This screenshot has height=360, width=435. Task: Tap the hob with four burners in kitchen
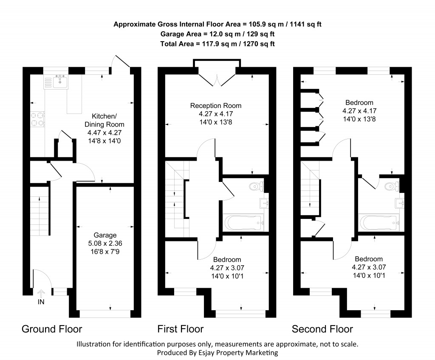click(x=38, y=119)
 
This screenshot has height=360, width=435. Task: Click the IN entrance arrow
click(x=41, y=294)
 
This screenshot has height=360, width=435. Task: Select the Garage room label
click(x=105, y=235)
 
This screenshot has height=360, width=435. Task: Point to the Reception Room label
click(x=215, y=105)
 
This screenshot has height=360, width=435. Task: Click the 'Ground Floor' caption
click(x=51, y=329)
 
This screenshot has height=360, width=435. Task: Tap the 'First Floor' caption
click(x=180, y=329)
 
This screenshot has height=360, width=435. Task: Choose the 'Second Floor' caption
click(x=322, y=329)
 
